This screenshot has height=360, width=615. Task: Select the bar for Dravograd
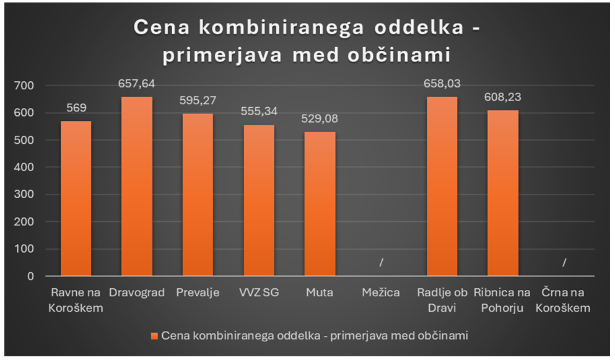tap(137, 186)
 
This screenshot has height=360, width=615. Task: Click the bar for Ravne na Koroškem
tap(76, 198)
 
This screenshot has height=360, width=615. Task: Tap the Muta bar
tap(320, 204)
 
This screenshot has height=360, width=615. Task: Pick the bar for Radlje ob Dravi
tap(442, 186)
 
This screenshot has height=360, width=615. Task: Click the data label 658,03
tap(442, 84)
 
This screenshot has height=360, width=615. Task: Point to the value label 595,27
tap(198, 101)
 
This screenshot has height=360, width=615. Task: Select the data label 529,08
tap(320, 119)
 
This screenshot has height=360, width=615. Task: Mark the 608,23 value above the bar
tap(503, 97)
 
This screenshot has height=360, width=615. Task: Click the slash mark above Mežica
tap(381, 263)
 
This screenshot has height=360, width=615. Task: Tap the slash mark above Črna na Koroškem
tap(564, 263)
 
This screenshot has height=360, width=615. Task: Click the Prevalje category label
tap(198, 292)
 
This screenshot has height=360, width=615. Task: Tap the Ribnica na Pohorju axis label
tap(503, 299)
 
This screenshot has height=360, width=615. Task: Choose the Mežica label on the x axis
tap(381, 292)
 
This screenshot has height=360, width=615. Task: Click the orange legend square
tap(154, 335)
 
